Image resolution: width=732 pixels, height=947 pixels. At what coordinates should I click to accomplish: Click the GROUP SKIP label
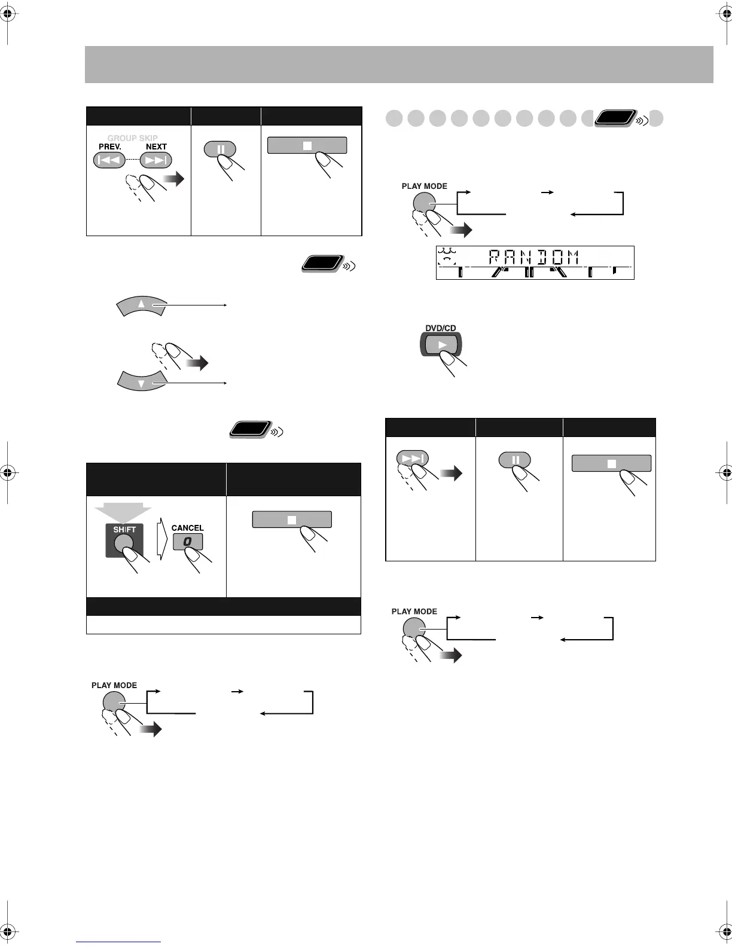point(133,138)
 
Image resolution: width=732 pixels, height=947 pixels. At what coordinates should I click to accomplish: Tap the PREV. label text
point(110,146)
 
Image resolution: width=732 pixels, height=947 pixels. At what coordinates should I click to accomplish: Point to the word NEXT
point(156,146)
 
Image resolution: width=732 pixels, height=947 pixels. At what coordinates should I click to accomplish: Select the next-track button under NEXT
point(156,160)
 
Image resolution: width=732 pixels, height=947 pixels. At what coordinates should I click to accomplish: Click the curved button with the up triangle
point(141,306)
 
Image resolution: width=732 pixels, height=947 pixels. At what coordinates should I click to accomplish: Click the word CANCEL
point(187,528)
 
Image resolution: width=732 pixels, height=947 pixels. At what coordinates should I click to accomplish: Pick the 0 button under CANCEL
point(188,542)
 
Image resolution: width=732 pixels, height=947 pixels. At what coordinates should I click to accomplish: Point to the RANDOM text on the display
point(534,258)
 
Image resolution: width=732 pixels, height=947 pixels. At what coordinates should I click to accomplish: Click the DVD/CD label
point(441,328)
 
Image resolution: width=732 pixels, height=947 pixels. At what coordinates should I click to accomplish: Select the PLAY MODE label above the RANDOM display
point(424,186)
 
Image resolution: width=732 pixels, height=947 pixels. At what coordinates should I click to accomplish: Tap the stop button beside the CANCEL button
point(292,520)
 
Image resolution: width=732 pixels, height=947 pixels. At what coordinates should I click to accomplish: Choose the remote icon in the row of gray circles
point(615,118)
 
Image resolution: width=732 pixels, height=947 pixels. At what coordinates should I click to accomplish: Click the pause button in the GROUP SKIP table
point(220,149)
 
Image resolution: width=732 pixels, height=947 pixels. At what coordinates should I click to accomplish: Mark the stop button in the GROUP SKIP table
point(307,145)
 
